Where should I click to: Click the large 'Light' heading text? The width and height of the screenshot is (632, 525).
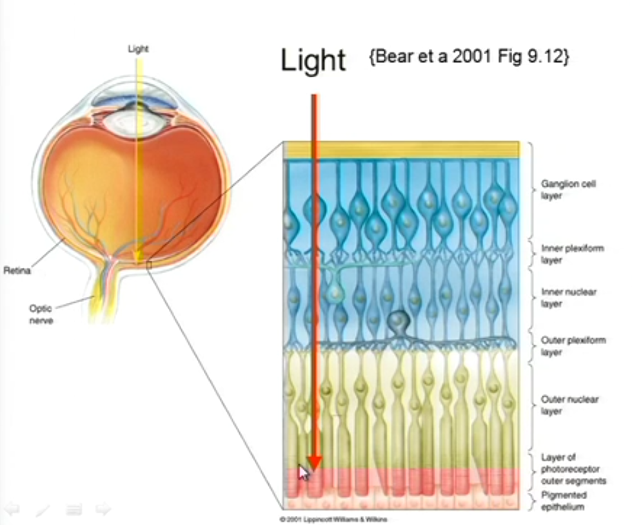pos(313,61)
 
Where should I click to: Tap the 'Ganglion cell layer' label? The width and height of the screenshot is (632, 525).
pos(559,189)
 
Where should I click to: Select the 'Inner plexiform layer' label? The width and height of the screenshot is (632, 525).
pos(571,254)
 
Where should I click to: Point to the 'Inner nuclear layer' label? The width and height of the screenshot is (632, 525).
pos(568,298)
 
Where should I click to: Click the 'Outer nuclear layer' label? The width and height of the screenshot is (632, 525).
pos(569,405)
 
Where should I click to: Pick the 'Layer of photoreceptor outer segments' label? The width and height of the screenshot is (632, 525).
pos(573,468)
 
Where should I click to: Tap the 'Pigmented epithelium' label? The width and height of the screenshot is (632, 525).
pos(564,501)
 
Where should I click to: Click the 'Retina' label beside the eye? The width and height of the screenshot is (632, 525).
pos(17,271)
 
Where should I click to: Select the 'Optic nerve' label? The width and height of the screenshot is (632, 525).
pos(41,314)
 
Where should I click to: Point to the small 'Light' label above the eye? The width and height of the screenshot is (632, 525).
pos(138,48)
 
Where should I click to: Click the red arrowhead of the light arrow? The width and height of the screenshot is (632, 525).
pos(314,461)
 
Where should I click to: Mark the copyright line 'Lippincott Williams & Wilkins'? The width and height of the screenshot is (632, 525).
pos(334,519)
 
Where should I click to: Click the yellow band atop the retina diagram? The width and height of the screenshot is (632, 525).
pos(401,149)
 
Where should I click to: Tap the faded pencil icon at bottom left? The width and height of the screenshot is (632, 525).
pos(43,510)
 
